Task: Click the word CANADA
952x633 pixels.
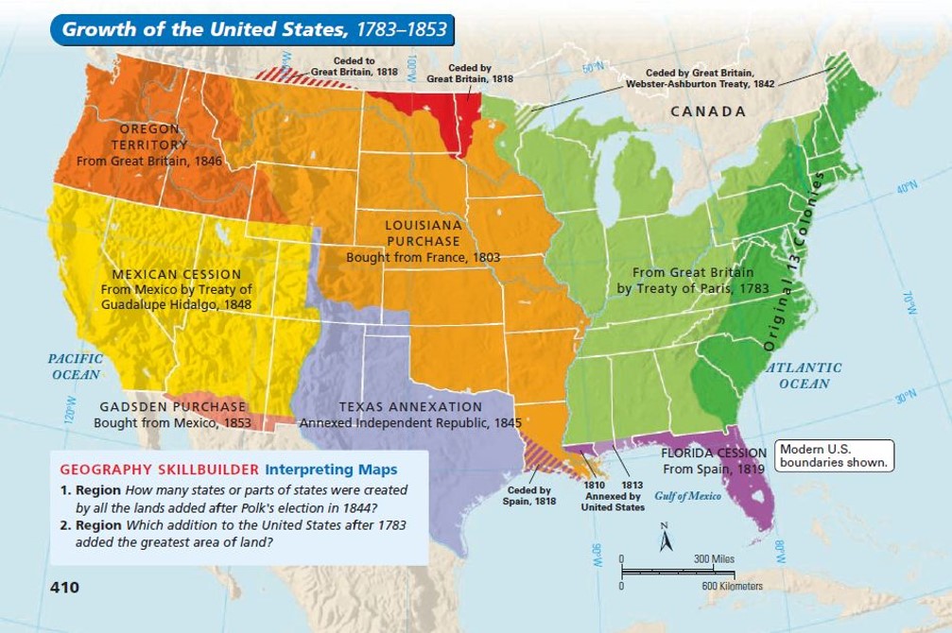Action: click(x=708, y=111)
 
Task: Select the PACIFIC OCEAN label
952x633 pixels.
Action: click(x=74, y=367)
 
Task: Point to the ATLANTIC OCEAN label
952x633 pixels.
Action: click(x=805, y=375)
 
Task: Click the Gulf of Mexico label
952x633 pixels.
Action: click(x=687, y=497)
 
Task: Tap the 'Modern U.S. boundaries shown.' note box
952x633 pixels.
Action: click(x=833, y=455)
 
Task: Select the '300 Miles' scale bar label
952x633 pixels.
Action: click(x=714, y=559)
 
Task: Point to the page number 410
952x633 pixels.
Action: click(x=65, y=588)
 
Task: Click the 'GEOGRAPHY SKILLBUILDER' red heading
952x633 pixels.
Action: click(x=160, y=470)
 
